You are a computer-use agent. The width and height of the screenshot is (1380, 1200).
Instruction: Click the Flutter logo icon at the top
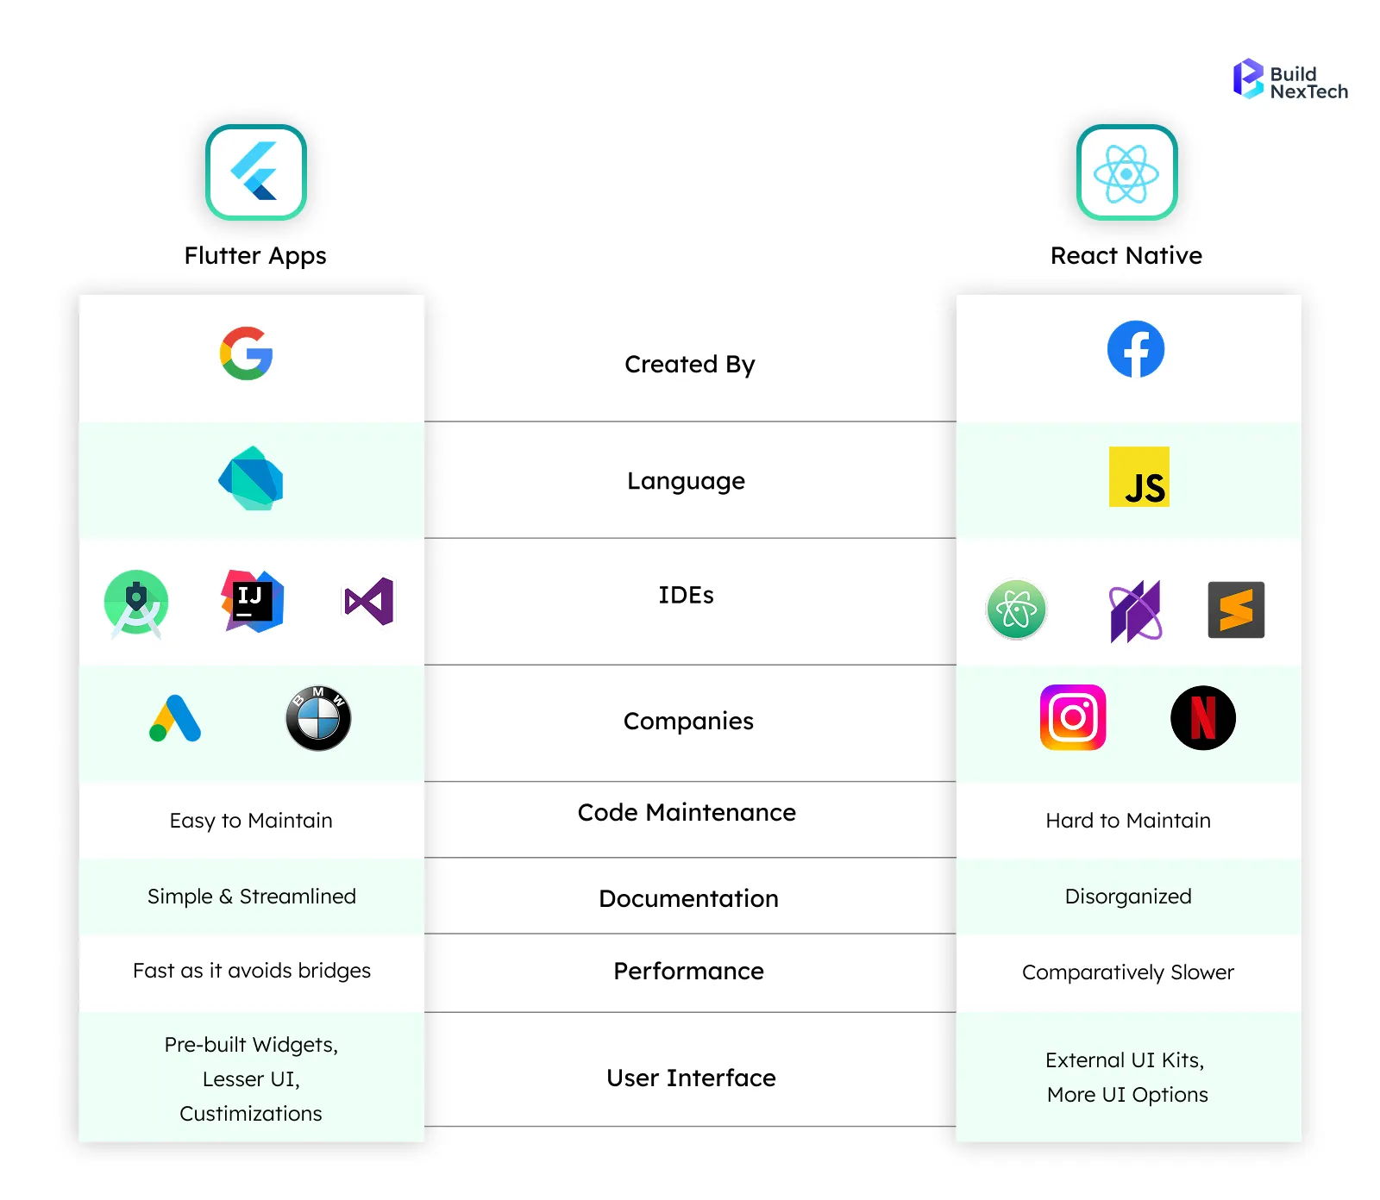(256, 172)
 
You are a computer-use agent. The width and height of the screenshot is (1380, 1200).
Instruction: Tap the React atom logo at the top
(1126, 172)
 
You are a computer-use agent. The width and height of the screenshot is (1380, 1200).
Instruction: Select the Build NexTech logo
(1289, 80)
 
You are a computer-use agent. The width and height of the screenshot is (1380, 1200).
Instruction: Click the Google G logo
(247, 353)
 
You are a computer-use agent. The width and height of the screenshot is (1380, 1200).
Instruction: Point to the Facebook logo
(1135, 349)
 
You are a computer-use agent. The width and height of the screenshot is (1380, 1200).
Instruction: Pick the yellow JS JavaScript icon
(1138, 477)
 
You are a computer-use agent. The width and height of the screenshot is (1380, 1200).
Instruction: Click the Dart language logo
(251, 478)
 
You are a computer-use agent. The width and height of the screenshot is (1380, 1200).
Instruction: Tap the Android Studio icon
(136, 603)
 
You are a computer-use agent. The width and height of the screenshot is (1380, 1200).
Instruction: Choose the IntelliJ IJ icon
(252, 601)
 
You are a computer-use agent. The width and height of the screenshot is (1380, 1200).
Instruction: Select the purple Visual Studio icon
(369, 601)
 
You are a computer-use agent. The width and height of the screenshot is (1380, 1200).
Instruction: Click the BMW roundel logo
(318, 718)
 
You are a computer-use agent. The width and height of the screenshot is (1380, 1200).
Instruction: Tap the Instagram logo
(1073, 717)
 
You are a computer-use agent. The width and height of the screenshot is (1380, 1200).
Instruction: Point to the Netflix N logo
(1202, 717)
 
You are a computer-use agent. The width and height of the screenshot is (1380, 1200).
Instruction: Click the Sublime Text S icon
(1236, 609)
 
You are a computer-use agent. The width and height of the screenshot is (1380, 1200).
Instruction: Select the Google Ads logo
(175, 718)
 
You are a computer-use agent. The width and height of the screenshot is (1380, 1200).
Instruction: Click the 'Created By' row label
(689, 365)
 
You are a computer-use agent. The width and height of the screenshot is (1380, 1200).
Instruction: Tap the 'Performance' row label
(688, 972)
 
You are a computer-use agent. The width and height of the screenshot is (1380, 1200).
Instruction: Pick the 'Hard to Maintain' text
(1127, 821)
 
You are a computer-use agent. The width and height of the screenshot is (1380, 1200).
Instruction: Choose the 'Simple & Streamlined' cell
(251, 897)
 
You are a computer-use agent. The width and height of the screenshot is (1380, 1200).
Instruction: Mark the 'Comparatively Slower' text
(1127, 972)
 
